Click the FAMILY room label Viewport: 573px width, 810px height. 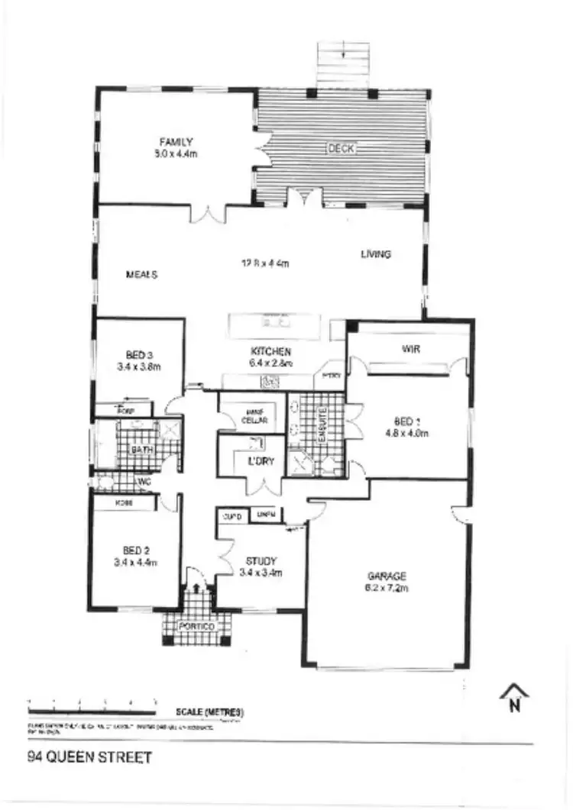click(176, 141)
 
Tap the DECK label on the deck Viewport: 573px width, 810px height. click(341, 149)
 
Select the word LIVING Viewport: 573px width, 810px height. click(376, 254)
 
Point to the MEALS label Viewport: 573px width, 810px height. click(141, 275)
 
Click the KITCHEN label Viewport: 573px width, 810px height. click(270, 351)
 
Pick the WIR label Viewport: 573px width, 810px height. click(412, 349)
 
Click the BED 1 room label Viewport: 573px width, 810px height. click(407, 421)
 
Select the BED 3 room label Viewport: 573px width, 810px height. click(140, 354)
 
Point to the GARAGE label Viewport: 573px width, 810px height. click(387, 576)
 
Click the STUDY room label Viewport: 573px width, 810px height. click(261, 560)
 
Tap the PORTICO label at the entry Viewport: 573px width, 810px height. click(196, 627)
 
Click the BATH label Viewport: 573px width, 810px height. click(142, 450)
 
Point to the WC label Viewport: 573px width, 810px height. click(144, 482)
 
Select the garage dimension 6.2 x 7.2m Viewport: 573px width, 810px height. click(387, 588)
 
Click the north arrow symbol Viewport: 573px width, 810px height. click(515, 696)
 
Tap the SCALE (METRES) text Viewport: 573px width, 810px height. click(209, 712)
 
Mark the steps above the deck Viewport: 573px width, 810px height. click(343, 64)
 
